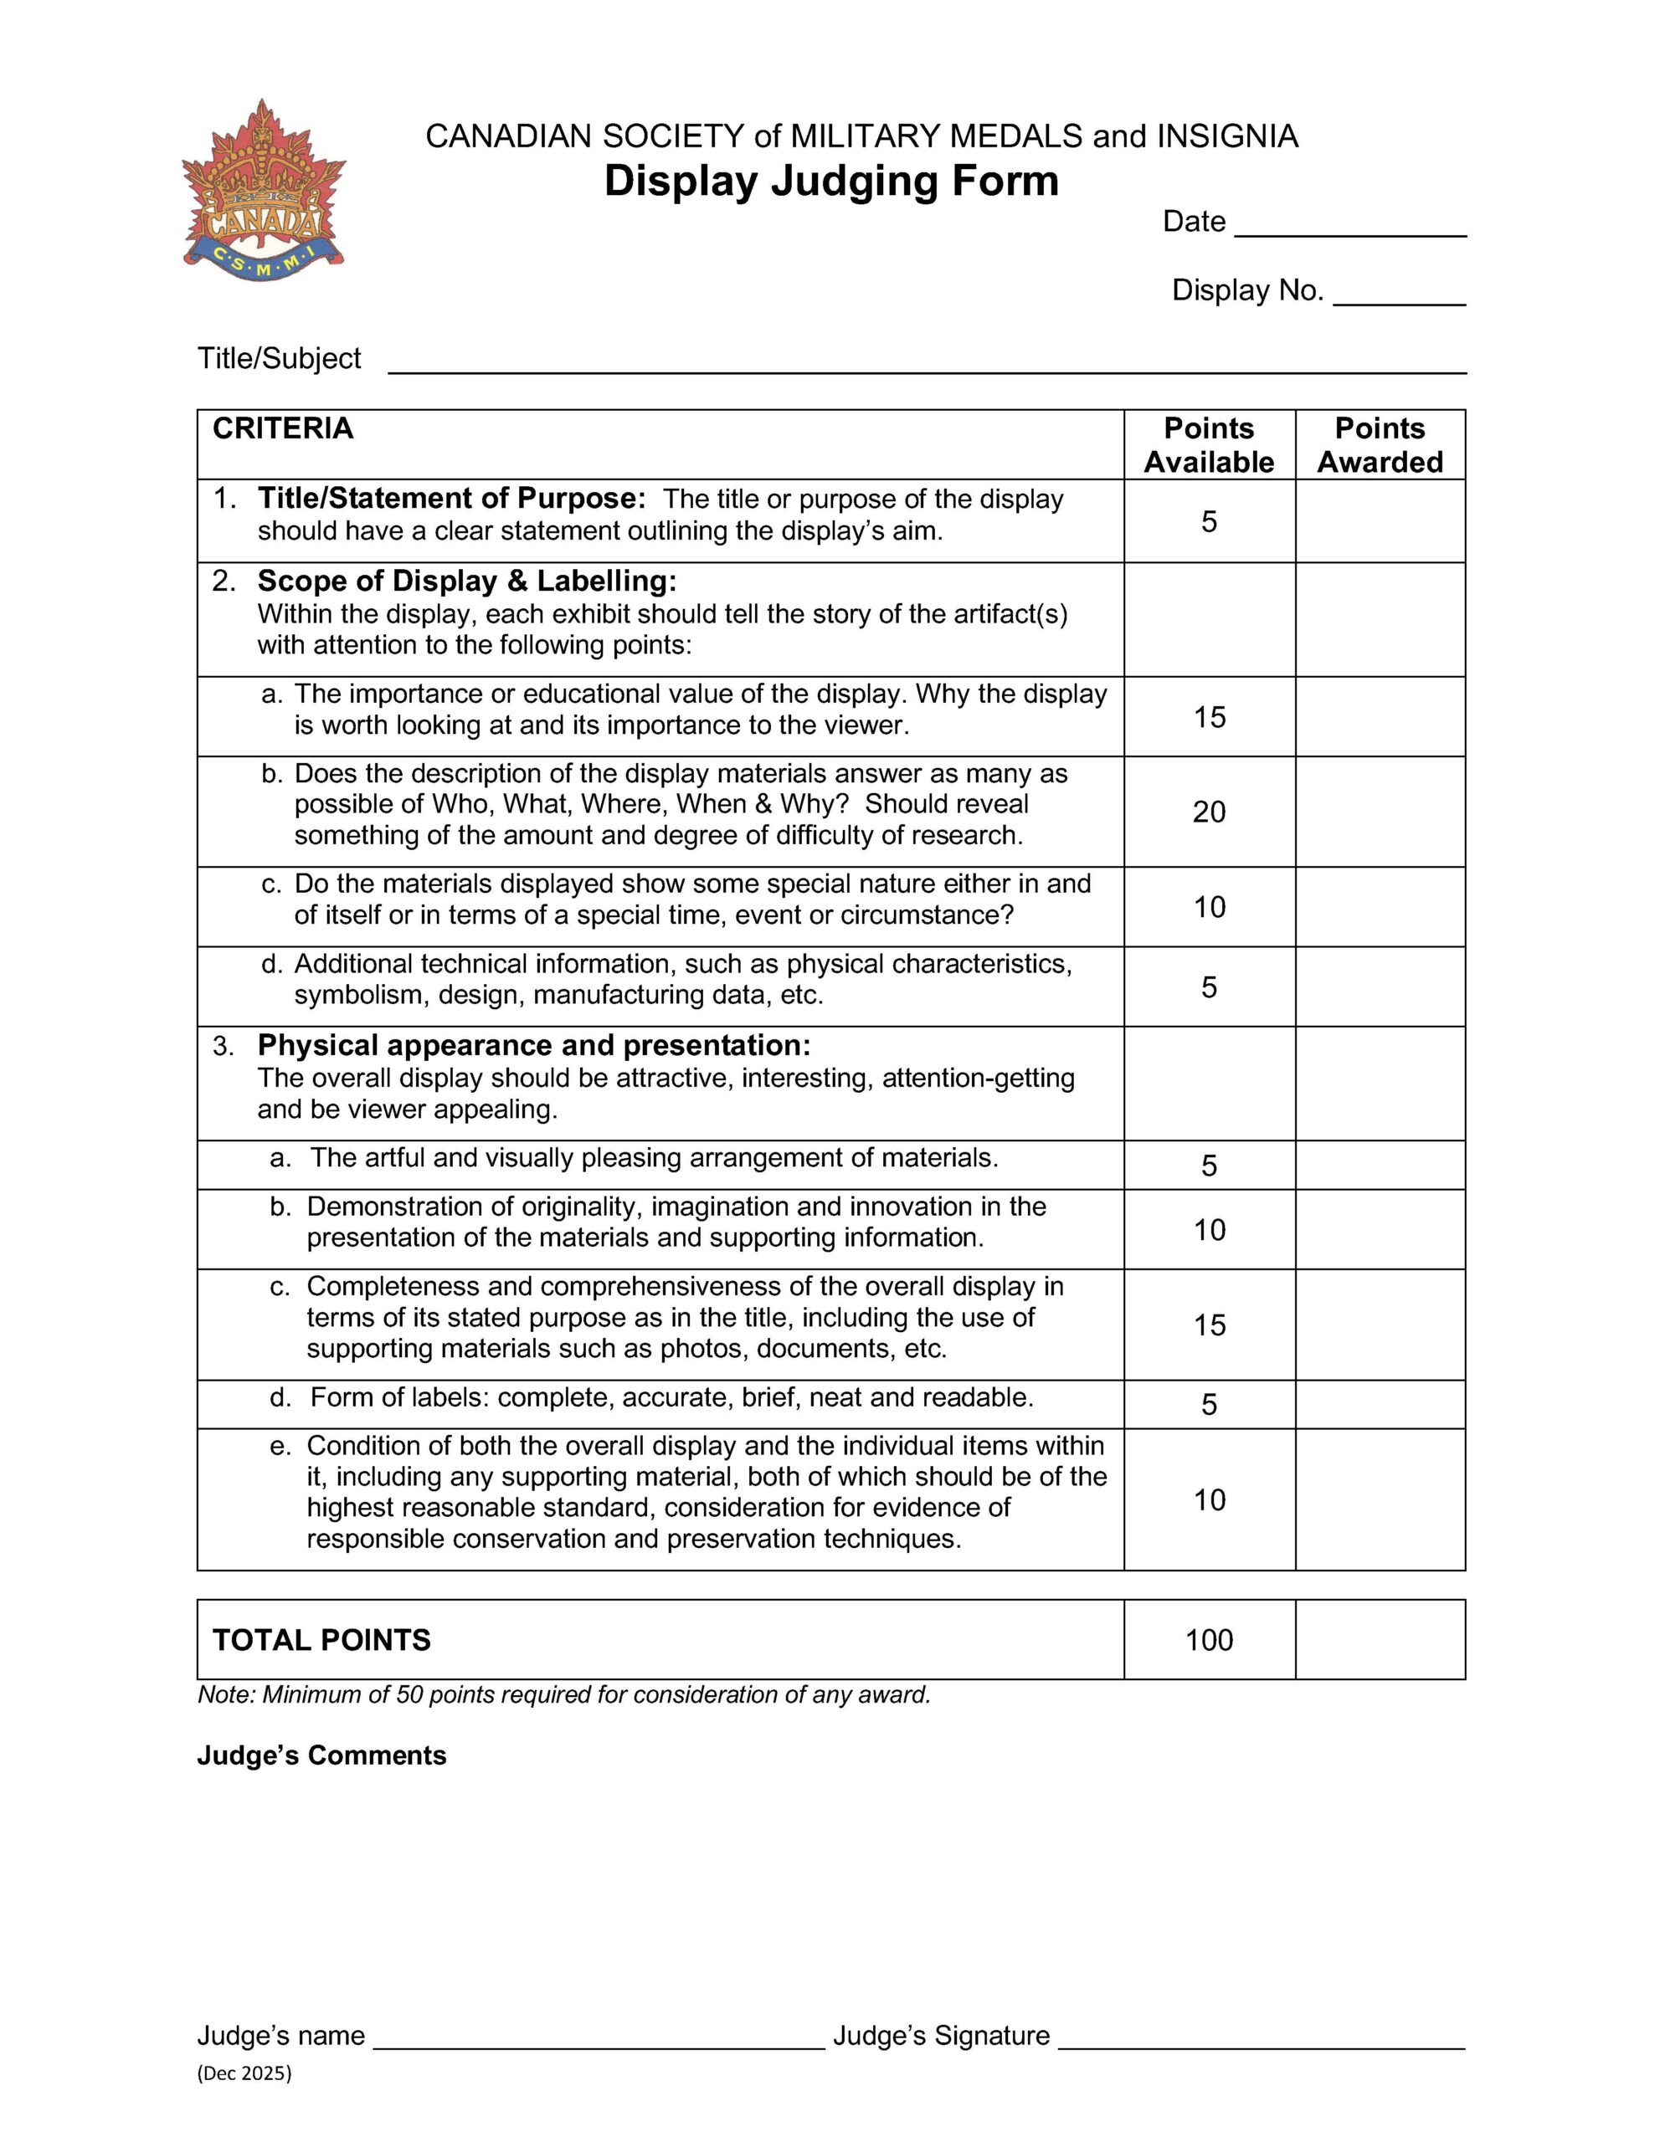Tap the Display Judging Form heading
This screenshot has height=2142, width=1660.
831,182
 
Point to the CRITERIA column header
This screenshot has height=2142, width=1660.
283,428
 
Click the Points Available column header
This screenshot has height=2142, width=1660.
1209,445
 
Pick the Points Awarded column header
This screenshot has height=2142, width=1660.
1380,445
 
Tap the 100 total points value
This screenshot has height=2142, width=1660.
1209,1640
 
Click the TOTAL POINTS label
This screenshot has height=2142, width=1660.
321,1640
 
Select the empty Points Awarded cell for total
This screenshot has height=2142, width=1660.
1380,1640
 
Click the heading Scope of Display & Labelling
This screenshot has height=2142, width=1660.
467,581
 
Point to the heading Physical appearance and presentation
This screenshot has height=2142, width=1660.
534,1046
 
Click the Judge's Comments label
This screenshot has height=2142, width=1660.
321,1755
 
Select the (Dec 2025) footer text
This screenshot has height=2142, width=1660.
244,2073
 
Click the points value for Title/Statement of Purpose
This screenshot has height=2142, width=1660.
1209,522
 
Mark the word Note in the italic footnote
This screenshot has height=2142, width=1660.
224,1694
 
